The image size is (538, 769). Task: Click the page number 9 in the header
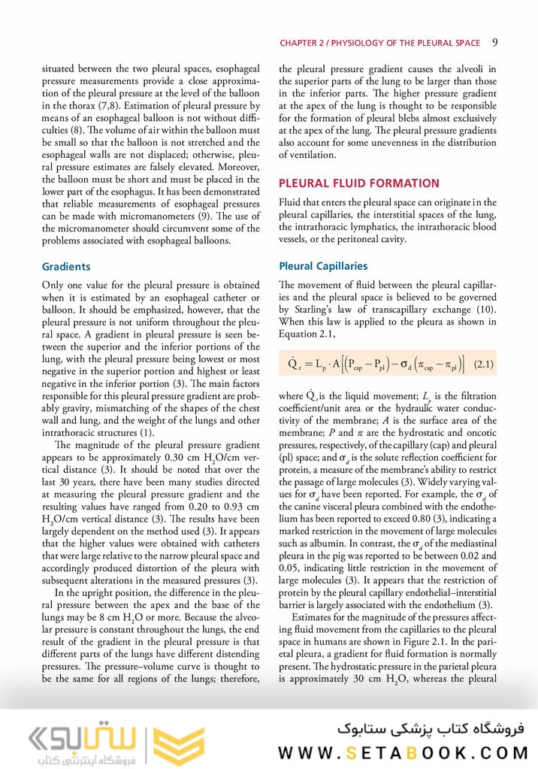tap(495, 42)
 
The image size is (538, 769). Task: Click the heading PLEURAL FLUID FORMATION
tap(359, 183)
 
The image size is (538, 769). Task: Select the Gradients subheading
tap(66, 266)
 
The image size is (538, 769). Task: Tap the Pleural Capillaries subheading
tap(323, 265)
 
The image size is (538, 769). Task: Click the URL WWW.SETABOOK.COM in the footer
tap(403, 752)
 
